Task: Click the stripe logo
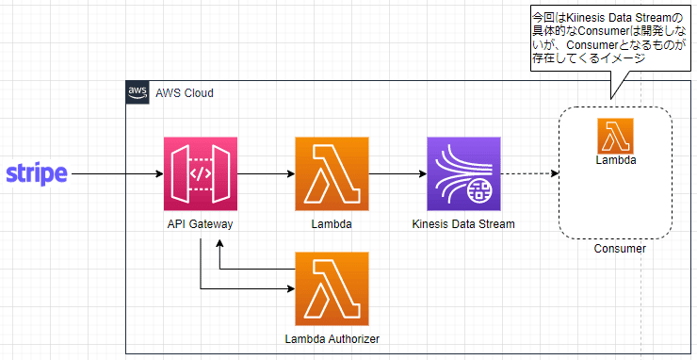coord(37,174)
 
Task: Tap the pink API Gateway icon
coord(200,174)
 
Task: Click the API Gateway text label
coord(200,223)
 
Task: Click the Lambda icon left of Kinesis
coord(332,174)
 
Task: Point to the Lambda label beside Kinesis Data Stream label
coord(332,223)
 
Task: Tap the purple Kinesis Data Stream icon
coord(463,174)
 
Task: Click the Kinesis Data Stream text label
coord(463,223)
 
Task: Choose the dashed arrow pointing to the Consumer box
coord(529,174)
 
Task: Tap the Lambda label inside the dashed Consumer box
coord(614,160)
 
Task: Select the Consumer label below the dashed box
coord(620,249)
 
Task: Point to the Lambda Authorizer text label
coord(332,336)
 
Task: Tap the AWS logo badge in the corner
coord(138,92)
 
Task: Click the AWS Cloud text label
coord(185,93)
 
